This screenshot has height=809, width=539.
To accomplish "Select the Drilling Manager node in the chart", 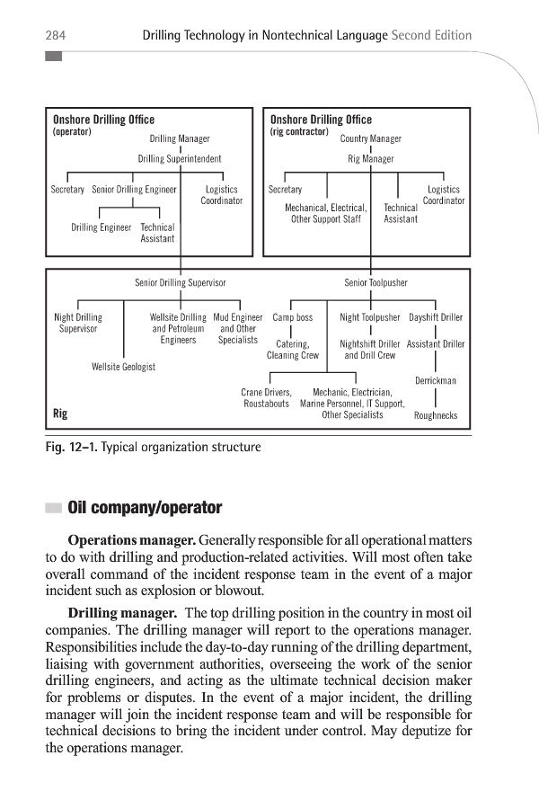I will pos(180,139).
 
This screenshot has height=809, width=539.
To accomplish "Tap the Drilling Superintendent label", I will pos(180,158).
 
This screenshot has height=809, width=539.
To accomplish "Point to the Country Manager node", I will pos(371,139).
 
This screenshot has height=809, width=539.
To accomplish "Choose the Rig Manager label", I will pos(371,158).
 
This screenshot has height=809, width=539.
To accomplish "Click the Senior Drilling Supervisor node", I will pos(180,282).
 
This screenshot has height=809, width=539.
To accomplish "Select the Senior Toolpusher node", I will pos(376,282).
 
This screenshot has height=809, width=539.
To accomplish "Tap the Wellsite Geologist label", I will pos(124,367).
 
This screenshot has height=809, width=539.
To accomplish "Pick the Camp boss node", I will pos(293,317).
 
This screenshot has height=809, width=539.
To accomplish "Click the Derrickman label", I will pos(436,381).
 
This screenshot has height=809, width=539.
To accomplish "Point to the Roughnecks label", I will pos(436,415).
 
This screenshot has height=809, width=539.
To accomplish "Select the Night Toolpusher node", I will pos(370,317).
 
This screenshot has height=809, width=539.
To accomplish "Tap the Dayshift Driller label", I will pos(436,317).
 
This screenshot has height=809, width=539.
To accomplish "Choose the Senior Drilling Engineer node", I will pos(134,190).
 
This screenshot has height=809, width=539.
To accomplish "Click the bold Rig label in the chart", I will pos(60,414).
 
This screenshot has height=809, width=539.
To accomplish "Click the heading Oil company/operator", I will pos(144,508).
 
